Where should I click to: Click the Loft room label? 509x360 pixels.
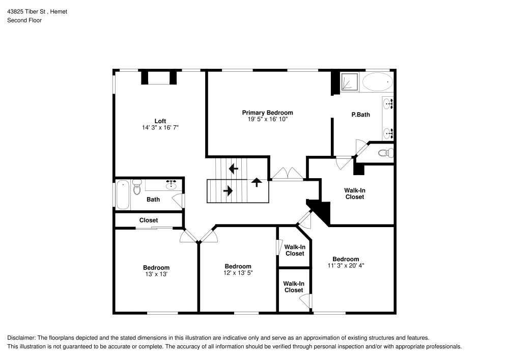point(160,121)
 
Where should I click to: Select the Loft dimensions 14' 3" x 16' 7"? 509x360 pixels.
point(160,128)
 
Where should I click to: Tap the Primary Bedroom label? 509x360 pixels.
point(267,113)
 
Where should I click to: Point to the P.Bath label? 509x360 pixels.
point(360,115)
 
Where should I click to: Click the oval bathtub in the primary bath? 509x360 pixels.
point(377,81)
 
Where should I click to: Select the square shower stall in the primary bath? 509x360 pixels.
point(349,82)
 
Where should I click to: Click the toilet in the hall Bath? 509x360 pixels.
point(136,188)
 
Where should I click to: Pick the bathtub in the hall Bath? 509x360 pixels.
point(122,194)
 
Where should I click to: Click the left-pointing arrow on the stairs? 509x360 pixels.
point(234,168)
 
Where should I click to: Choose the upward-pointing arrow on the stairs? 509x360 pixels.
point(257,181)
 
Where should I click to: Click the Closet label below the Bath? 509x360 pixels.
point(149,220)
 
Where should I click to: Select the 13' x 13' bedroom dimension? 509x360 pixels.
point(156,274)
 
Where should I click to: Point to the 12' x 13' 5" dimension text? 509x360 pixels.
point(238,273)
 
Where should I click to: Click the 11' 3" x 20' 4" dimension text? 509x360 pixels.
point(346,265)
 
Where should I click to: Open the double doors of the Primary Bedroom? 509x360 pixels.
point(288,174)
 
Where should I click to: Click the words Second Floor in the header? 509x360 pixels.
point(24,20)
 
